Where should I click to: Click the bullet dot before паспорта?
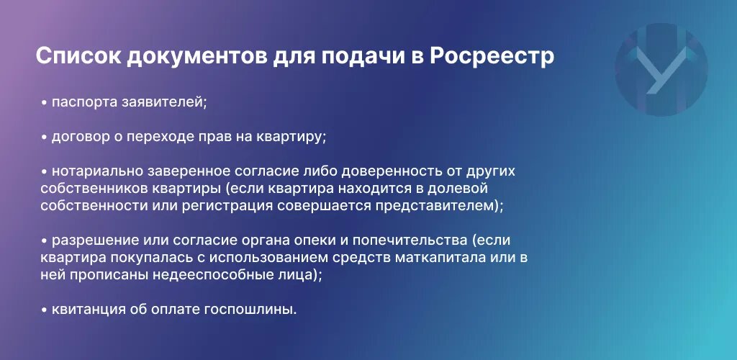[44, 102]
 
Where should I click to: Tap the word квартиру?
[291, 138]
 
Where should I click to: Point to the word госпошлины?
[250, 310]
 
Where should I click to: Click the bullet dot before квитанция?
[44, 310]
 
